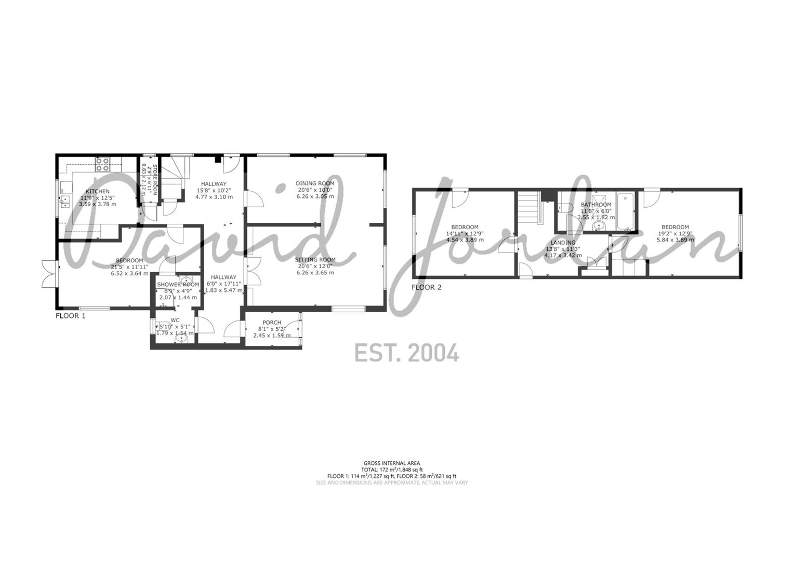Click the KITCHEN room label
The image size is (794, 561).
98,192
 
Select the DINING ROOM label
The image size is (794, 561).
315,183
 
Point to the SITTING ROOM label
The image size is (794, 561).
315,260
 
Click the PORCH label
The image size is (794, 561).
272,323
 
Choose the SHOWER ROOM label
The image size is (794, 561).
178,285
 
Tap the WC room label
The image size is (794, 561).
175,320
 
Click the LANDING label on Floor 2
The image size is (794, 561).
563,243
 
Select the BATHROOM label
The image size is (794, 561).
596,205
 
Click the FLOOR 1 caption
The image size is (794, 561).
70,315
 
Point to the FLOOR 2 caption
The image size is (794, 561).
426,287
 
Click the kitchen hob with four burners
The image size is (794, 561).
102,164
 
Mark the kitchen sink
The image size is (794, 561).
65,201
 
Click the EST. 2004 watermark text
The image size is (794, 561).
406,353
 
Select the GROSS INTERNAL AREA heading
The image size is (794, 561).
392,463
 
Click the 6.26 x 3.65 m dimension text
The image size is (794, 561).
315,273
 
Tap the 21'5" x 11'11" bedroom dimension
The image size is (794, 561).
129,267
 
